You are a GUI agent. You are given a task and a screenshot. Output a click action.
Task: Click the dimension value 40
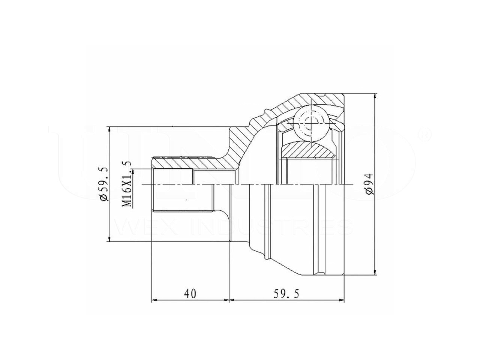(x=190, y=294)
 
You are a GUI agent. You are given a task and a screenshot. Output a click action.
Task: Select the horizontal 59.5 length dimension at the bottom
(x=287, y=294)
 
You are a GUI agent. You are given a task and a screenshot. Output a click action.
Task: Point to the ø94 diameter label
(x=369, y=184)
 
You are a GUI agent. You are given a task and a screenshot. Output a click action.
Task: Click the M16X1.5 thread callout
(x=127, y=184)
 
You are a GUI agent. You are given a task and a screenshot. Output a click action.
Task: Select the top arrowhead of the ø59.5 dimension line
(x=109, y=130)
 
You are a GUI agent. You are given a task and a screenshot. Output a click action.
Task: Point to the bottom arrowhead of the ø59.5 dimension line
(x=109, y=238)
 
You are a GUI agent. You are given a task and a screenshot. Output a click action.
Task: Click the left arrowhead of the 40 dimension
(x=154, y=300)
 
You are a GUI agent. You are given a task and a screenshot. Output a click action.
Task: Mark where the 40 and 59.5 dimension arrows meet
(x=229, y=300)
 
